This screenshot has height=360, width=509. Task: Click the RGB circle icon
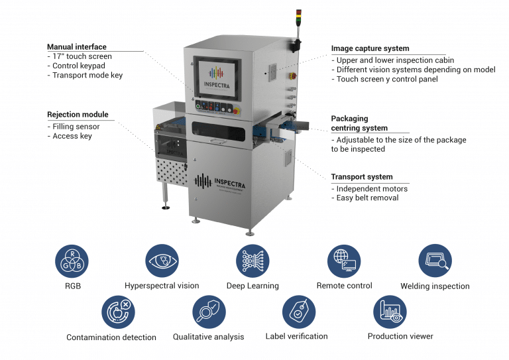click(x=72, y=261)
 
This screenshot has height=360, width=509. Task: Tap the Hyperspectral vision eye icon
click(x=162, y=261)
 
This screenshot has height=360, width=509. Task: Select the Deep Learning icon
click(x=253, y=261)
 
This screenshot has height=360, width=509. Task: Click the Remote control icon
click(x=344, y=261)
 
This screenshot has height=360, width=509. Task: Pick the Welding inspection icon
click(x=435, y=261)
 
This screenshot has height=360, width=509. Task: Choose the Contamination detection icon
click(x=118, y=312)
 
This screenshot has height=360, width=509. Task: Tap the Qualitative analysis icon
click(x=209, y=312)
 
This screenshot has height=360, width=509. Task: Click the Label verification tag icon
click(x=299, y=312)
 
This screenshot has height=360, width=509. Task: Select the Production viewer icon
click(x=390, y=312)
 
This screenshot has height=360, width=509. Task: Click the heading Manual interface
click(x=77, y=47)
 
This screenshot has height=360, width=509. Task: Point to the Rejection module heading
click(x=78, y=114)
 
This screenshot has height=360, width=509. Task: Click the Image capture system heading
click(x=370, y=48)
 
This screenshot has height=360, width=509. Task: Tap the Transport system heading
click(x=362, y=177)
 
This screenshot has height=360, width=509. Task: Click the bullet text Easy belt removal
click(x=367, y=198)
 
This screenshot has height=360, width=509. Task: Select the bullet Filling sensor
click(x=76, y=127)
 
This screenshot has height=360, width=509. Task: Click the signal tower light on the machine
click(x=299, y=17)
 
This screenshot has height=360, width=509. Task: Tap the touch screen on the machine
click(x=217, y=78)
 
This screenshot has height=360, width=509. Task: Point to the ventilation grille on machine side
click(x=272, y=72)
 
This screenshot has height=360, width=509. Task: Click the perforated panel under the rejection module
click(x=172, y=172)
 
